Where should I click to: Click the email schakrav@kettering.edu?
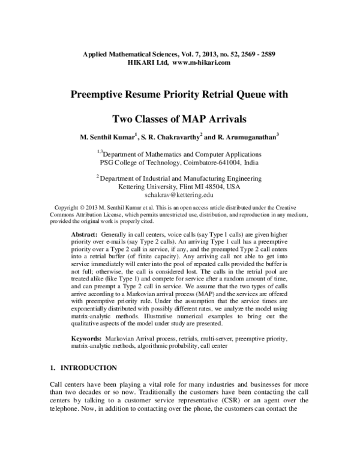click(x=179, y=195)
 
